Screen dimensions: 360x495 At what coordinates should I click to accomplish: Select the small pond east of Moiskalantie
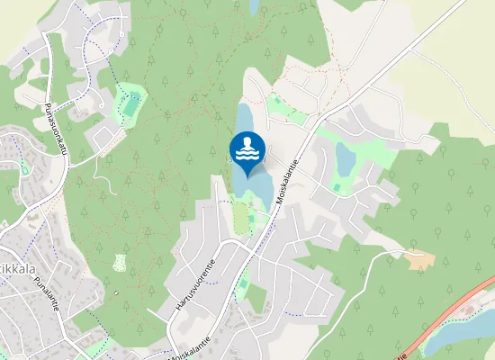[346, 157]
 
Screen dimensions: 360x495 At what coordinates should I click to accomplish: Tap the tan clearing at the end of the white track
[419, 261]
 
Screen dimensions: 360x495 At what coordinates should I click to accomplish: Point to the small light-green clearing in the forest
[121, 263]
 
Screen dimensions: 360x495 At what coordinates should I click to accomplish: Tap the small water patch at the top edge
[254, 7]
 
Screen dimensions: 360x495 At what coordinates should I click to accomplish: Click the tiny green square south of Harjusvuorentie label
[243, 287]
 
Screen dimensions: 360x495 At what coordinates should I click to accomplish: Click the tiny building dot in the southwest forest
[117, 293]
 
